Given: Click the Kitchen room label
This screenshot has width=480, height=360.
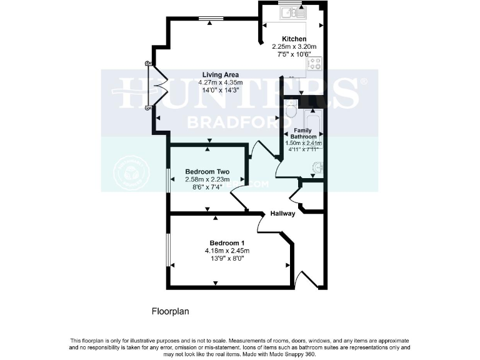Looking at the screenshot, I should pos(294,39).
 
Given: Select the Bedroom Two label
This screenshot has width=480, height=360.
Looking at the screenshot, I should pos(207,172).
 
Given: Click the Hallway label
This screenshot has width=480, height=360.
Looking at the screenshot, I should pos(282,214).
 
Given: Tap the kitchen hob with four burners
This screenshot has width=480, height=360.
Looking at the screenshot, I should pos(314,64).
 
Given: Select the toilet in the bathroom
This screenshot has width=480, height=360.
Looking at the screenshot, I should pos(290,111).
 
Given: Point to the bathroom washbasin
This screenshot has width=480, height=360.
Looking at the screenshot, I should pos(317,167).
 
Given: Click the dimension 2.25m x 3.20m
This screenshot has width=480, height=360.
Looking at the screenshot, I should pos(294,46).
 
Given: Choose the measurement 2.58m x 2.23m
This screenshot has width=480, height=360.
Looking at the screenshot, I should pos(207,179).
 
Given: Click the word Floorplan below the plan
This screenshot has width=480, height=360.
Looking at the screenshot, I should pos(171,311).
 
